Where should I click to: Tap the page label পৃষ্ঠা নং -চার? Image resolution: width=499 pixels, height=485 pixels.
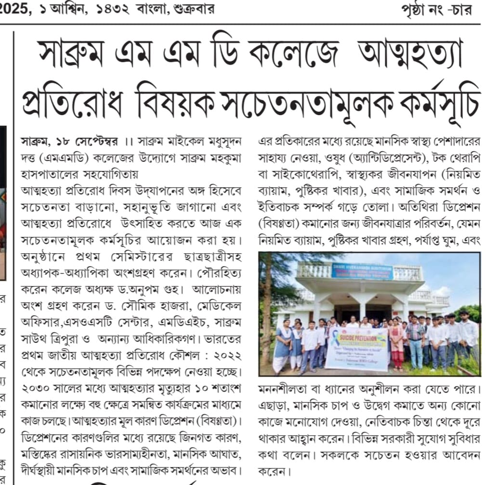coord(436,9)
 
